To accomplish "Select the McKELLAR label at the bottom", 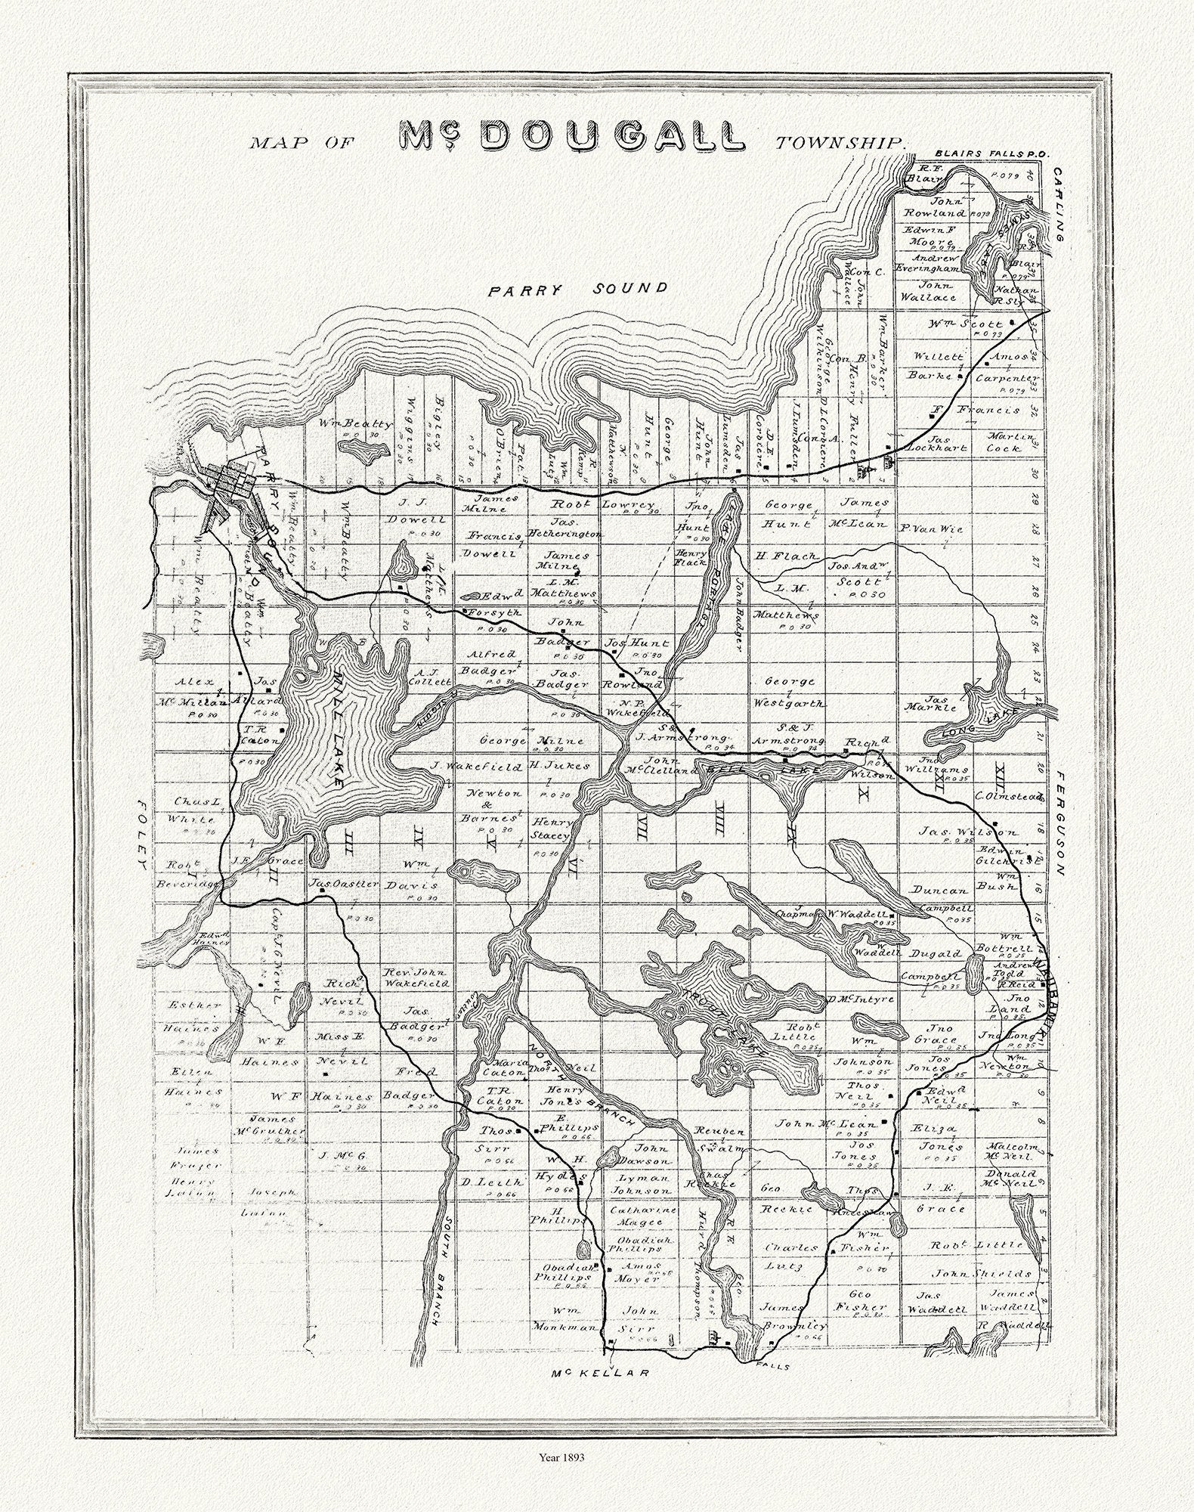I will pyautogui.click(x=600, y=1372).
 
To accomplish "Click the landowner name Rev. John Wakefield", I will pyautogui.click(x=416, y=978).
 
